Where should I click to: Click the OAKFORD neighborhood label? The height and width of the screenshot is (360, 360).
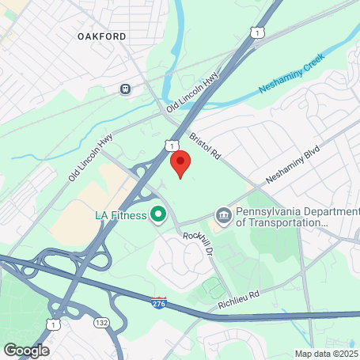(102, 36)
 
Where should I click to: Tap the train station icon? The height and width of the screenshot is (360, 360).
(125, 89)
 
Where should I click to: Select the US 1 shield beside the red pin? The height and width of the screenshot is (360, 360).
(172, 146)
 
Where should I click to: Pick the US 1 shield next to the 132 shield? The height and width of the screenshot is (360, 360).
(53, 324)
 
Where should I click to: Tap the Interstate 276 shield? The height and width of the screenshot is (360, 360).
(160, 301)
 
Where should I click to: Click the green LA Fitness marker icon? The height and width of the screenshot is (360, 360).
(157, 214)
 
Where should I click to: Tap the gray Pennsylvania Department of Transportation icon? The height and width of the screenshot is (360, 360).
(224, 215)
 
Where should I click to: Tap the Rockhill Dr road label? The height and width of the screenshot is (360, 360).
(198, 243)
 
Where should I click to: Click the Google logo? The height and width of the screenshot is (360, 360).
(26, 349)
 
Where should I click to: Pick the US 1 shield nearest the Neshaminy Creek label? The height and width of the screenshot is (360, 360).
(255, 32)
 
